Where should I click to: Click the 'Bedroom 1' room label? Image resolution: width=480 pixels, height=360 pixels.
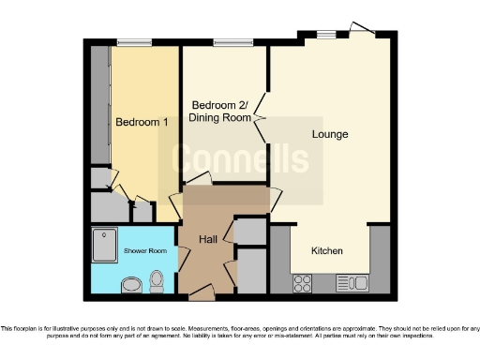(x=135, y=122)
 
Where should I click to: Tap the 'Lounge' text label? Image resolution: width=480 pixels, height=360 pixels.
(x=330, y=134)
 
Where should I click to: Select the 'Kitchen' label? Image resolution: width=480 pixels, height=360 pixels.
(x=327, y=251)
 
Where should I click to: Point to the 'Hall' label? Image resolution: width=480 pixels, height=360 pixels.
(x=208, y=240)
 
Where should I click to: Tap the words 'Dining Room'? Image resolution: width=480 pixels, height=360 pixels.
(x=220, y=117)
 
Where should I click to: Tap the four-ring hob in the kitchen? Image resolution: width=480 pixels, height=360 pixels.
(x=304, y=281)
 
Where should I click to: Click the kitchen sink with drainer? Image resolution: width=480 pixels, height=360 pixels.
(x=352, y=281)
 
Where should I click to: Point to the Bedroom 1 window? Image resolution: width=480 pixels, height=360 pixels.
(x=134, y=43)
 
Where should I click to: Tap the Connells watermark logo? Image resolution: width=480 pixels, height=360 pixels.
(x=240, y=159)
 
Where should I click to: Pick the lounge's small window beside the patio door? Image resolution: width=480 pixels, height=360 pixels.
(x=325, y=35)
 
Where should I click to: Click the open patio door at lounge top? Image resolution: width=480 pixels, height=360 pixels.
(x=360, y=30)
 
